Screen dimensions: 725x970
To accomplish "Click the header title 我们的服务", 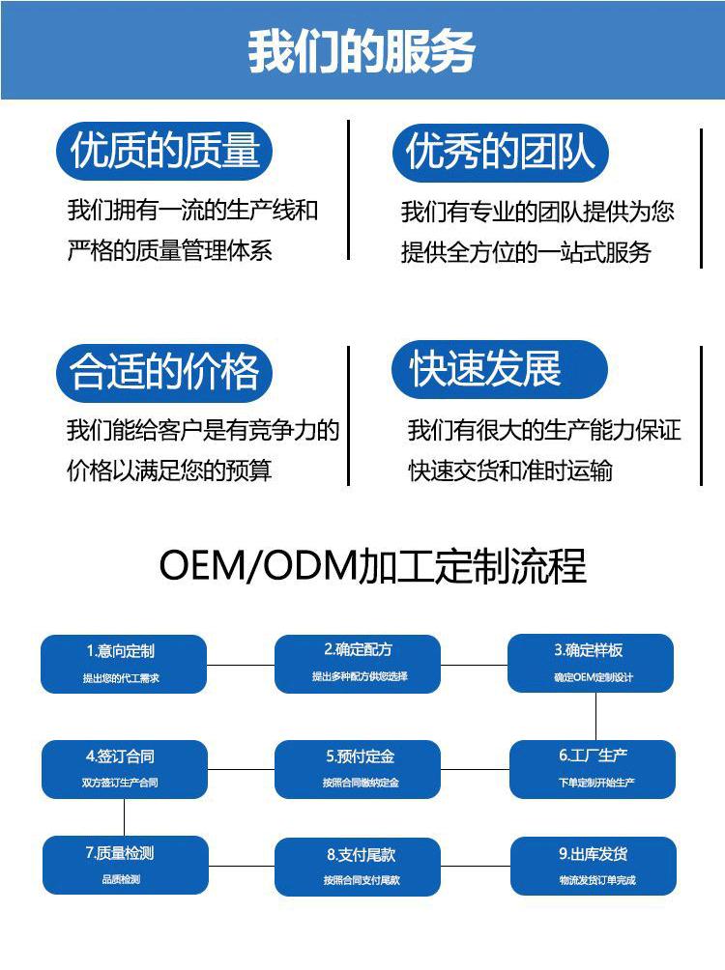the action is point(362,51).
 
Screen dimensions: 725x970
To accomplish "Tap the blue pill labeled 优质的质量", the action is point(165,151).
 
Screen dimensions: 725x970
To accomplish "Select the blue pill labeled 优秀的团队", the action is point(500,153).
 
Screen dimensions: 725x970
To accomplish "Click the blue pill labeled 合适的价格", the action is point(164,372).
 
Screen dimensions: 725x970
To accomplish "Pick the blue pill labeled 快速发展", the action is point(499,369).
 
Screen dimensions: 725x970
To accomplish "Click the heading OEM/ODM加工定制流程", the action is point(372,566).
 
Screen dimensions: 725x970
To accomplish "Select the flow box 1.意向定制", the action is point(124,663).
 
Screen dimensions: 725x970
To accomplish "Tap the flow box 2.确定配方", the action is point(359,663).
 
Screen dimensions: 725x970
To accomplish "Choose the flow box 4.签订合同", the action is point(124,768).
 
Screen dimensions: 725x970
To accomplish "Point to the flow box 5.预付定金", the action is point(359,768).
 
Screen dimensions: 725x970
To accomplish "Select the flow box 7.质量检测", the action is point(124,865).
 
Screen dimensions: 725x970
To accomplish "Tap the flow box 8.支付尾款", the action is point(359,866).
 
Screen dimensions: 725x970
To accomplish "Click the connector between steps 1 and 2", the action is point(241,664).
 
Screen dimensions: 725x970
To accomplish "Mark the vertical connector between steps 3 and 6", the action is point(595,716).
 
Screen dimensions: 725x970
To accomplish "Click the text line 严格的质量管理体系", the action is point(170,251).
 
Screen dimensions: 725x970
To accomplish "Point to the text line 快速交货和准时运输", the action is point(510,471).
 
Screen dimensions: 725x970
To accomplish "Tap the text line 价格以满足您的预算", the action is point(169,471).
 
